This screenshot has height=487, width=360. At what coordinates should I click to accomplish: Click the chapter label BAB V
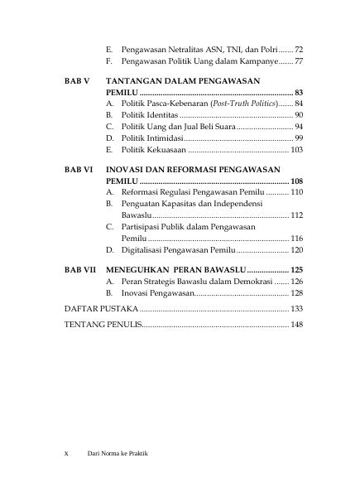[x=77, y=82]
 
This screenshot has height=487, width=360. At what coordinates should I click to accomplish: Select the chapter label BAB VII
[x=79, y=270]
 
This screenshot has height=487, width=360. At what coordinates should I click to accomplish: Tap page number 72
[x=299, y=50]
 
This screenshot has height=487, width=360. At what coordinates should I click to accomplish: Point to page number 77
[x=299, y=61]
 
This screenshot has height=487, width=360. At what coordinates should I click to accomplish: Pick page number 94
[x=299, y=126]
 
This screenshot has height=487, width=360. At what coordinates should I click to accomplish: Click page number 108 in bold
[x=297, y=181]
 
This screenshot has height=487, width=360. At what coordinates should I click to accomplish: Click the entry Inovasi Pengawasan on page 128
[x=157, y=293]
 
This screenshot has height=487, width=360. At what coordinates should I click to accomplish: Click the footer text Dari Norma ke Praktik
[x=123, y=453]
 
